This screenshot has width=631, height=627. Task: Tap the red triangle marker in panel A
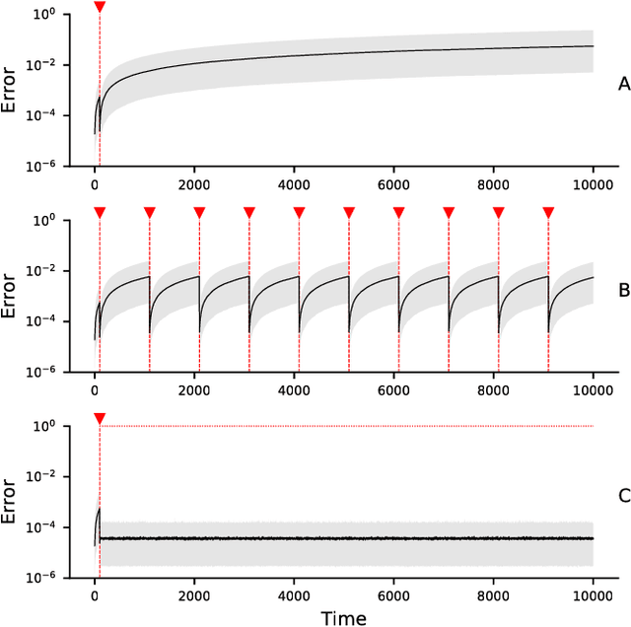point(100,7)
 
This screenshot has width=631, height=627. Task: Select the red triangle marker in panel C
point(100,419)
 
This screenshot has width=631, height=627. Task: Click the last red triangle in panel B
point(548,212)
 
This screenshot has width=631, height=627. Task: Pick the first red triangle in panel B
point(100,212)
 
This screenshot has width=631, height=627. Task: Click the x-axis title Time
point(343,617)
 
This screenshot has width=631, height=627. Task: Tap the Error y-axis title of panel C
point(11,501)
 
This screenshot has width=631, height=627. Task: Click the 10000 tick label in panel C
point(593,593)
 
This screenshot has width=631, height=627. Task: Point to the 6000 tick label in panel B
point(393,388)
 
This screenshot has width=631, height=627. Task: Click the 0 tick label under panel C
point(95,593)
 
